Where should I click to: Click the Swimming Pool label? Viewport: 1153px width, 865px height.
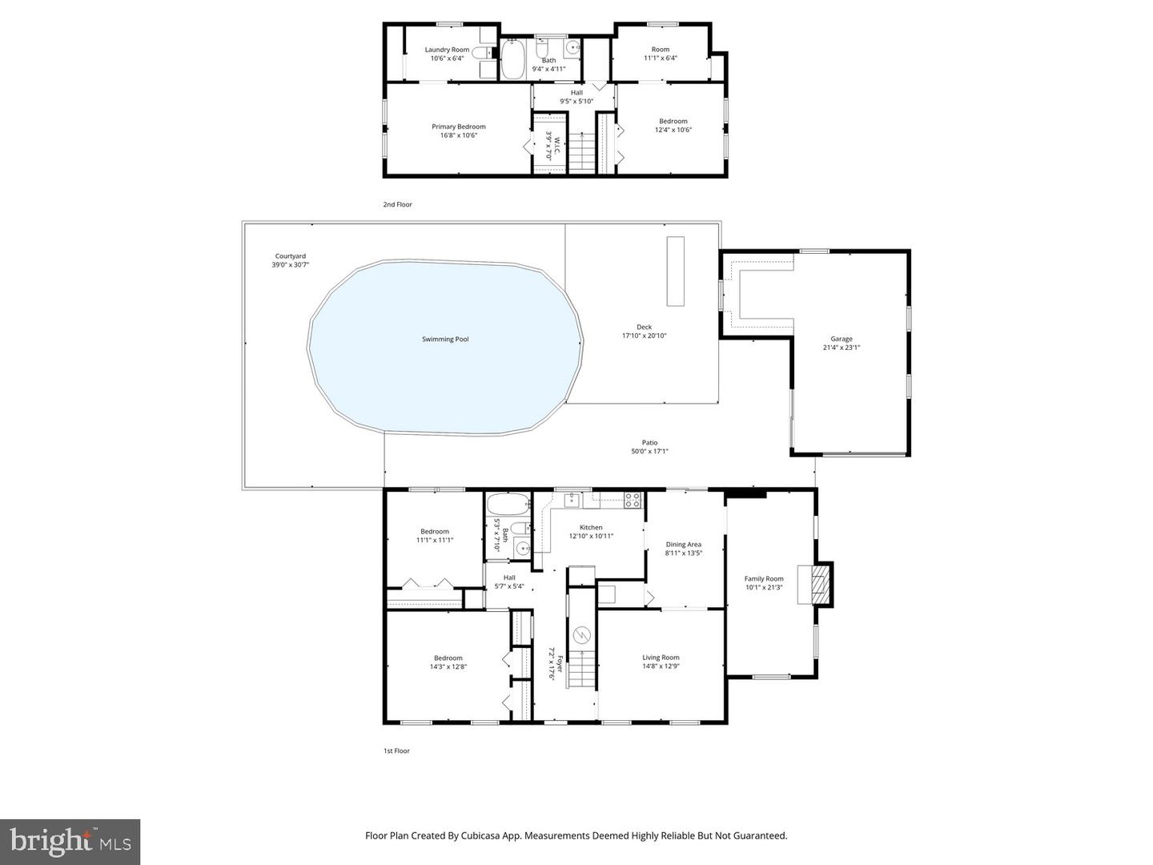pos(445,340)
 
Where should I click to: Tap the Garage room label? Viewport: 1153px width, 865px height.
pos(841,339)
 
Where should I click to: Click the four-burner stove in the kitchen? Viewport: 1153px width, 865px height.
pos(633,501)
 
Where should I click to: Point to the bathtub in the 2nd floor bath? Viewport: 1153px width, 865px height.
pos(512,60)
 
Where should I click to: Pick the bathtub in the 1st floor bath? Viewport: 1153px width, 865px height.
pos(508,505)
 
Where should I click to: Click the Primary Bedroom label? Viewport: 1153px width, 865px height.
pos(458,127)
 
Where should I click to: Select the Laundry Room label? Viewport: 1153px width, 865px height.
pos(447,50)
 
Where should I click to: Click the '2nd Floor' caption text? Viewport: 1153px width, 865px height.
pos(397,205)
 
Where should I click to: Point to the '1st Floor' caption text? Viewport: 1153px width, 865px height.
pos(396,751)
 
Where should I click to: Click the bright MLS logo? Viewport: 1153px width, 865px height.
pos(70,842)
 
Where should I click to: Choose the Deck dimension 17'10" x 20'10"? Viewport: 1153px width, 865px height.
pos(644,336)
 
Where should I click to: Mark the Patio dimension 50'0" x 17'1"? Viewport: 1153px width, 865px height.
pos(649,451)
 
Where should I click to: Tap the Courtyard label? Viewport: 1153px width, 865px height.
pos(290,256)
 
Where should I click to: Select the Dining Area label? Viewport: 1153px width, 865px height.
pos(683,545)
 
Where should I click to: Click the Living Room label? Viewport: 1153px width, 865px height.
pos(661,658)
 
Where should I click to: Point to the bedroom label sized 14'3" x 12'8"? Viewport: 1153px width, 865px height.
pos(448,658)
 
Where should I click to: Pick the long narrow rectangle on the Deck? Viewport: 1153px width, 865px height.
pos(677,270)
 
